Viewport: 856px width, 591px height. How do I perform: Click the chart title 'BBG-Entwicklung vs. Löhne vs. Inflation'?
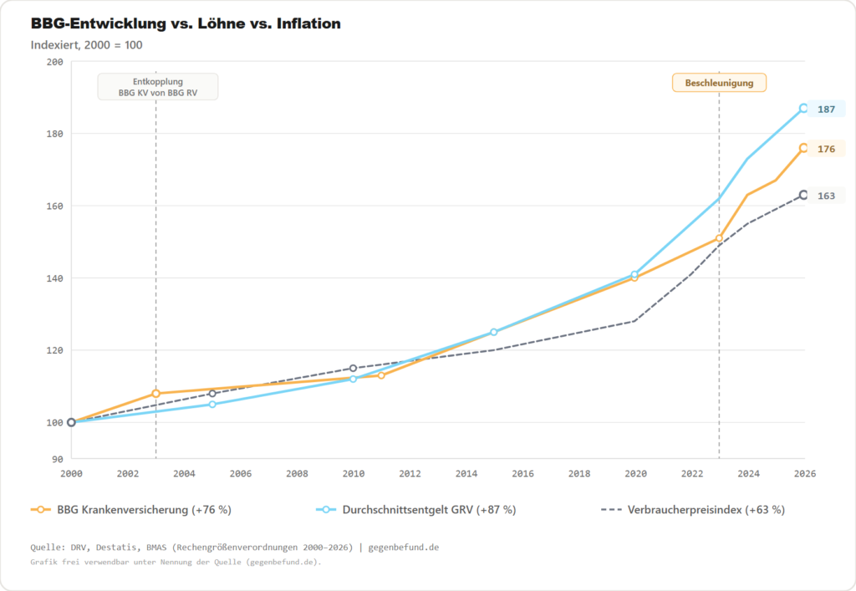tap(186, 24)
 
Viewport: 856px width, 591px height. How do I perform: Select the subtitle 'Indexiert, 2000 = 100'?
tap(87, 45)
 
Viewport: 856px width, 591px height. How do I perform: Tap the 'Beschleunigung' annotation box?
tap(719, 83)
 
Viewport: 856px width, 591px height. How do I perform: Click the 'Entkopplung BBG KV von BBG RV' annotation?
tap(157, 88)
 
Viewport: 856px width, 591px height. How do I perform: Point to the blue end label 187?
tap(826, 110)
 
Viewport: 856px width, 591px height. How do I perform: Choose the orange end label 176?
tap(826, 149)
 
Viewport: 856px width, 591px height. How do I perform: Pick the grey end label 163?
tap(826, 196)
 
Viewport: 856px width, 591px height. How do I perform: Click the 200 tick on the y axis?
tap(54, 63)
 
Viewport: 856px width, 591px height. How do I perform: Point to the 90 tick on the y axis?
tap(58, 459)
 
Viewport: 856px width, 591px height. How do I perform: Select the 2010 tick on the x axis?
tap(354, 474)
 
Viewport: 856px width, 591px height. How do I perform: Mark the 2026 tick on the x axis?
tap(803, 474)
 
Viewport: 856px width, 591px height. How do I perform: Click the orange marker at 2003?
tap(156, 394)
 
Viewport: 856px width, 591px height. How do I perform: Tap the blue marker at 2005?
tap(212, 405)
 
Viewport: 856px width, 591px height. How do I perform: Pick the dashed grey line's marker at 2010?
tap(353, 369)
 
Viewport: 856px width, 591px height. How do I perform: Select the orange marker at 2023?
tap(719, 238)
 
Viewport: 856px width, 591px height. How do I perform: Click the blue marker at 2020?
tap(634, 274)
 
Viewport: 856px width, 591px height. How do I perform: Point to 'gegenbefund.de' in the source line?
tap(404, 548)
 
